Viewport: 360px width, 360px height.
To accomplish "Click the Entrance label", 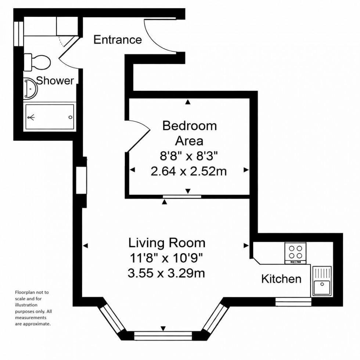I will point(118,40).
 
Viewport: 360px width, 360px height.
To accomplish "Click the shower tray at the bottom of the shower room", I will point(50,117).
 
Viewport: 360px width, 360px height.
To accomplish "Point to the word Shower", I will point(55,81).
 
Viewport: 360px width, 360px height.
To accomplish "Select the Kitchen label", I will point(281,279).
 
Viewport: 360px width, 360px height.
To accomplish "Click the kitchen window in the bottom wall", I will point(293,302).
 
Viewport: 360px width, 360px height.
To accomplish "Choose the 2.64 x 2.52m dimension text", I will point(188,171).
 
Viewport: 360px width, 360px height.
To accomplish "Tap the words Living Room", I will point(166,243).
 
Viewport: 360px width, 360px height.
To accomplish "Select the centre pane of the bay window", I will point(163,335).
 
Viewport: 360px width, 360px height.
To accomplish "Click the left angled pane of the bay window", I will point(112,317).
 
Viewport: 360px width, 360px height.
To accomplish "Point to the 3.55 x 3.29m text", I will point(166,274).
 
